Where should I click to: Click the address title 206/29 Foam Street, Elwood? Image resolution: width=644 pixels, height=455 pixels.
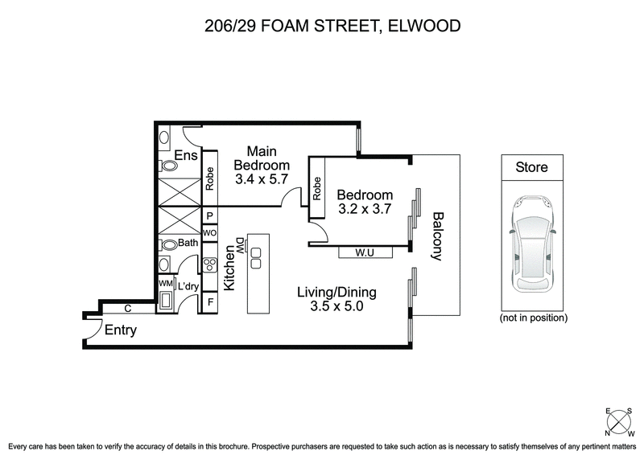coord(321,26)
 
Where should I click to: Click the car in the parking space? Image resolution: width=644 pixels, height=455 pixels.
coord(531,248)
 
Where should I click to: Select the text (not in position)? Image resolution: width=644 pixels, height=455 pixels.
coord(532,318)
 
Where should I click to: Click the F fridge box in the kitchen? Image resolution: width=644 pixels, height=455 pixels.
coord(209,303)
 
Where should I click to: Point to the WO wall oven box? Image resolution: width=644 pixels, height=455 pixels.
coord(209,233)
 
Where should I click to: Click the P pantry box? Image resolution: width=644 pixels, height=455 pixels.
coord(209,215)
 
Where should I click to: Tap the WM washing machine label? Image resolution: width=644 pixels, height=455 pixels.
coord(164,284)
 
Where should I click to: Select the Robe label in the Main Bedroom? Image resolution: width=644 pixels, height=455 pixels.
coord(209,178)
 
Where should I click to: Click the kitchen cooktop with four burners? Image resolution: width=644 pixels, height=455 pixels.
coord(209,266)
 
